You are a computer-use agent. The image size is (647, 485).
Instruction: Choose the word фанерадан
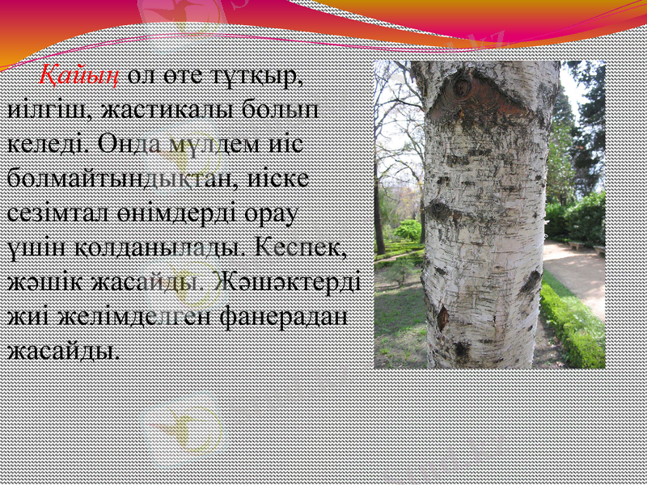tap(283, 318)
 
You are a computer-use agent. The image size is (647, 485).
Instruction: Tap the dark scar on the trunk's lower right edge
tap(531, 282)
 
